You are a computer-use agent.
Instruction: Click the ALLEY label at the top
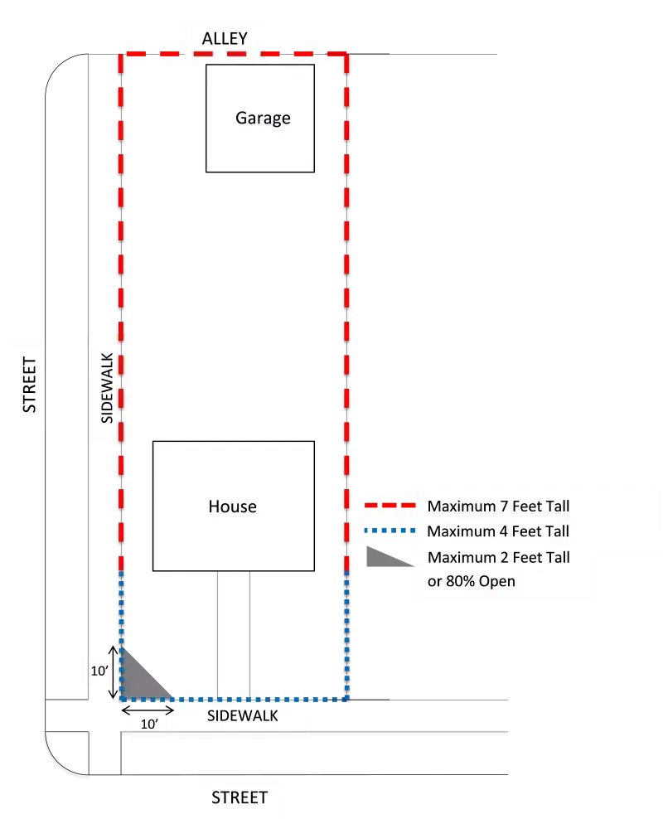pos(225,39)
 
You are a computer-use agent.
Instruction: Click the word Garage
pos(263,118)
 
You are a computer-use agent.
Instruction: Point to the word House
pos(232,506)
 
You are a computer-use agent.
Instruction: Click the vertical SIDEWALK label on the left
pos(107,388)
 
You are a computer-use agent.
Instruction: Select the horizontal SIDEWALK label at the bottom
pos(242,716)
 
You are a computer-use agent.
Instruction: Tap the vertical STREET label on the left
pos(30,385)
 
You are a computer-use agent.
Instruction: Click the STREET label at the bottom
pos(240,797)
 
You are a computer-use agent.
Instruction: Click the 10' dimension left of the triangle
pos(99,671)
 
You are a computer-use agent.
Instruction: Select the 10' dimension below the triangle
pos(149,724)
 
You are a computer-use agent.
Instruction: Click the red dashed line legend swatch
pos(388,505)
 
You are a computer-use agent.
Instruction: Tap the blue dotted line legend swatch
pos(388,531)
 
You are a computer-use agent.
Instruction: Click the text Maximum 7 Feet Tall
pos(498,506)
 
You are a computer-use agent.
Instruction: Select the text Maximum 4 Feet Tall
pos(498,531)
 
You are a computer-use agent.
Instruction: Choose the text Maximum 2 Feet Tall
pos(498,557)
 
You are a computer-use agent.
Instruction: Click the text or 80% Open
pos(471,581)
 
